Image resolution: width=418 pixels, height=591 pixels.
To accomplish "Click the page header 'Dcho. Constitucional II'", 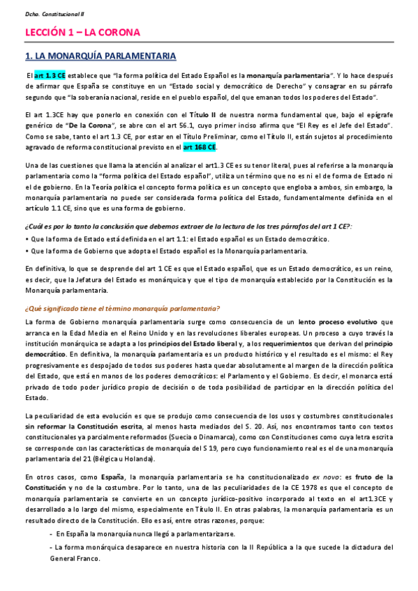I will (44, 13).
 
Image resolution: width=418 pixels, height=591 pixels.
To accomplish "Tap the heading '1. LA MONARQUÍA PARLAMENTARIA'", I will (100, 55).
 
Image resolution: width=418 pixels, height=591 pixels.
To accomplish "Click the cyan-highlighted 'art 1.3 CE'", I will (50, 75).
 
